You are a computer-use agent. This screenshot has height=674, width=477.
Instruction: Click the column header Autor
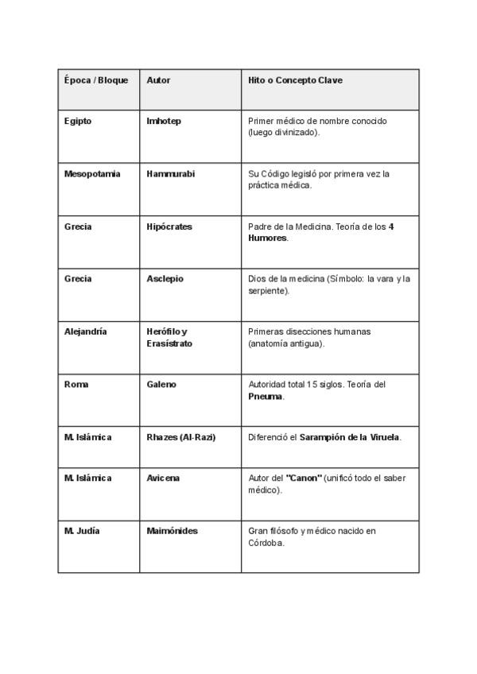tap(158, 80)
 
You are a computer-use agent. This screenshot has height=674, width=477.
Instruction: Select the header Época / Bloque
tap(95, 80)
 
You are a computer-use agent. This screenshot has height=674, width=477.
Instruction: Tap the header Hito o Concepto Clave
tap(295, 80)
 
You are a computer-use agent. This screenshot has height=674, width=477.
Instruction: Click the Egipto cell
tap(77, 121)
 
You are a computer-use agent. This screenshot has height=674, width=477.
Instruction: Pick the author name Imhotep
tap(164, 121)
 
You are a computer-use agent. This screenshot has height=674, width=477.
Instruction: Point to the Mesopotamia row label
tap(92, 173)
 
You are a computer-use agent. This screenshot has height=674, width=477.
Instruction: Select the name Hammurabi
tap(170, 173)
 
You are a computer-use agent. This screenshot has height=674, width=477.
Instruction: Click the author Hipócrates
tap(169, 227)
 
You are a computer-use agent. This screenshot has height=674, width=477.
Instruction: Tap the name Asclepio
tap(165, 279)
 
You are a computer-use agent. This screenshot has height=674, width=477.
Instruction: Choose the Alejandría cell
tap(85, 331)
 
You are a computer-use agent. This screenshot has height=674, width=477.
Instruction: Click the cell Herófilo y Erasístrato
tap(169, 338)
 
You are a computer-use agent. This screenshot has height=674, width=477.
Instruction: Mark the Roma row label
tap(76, 384)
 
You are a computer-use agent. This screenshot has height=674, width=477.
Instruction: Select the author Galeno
tap(161, 384)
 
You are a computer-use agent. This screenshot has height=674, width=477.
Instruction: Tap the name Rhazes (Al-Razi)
tap(181, 437)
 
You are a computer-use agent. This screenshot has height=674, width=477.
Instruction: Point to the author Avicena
tap(163, 478)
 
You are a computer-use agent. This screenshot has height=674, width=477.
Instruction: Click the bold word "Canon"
tap(303, 478)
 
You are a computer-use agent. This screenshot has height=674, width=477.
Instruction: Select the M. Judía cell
tap(82, 530)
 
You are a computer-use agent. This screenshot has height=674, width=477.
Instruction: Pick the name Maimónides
tap(172, 530)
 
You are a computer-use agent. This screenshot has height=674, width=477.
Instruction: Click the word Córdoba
tap(266, 544)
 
